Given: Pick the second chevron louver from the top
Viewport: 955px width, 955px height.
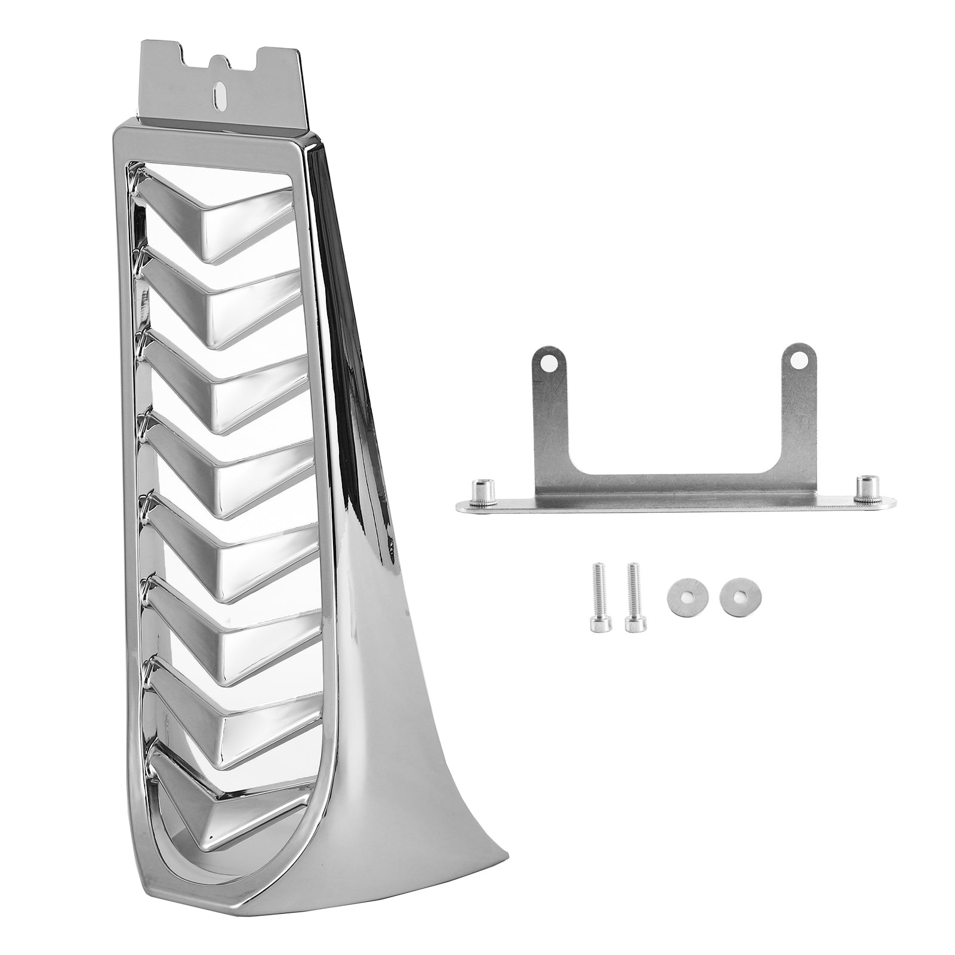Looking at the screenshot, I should point(233,304).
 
